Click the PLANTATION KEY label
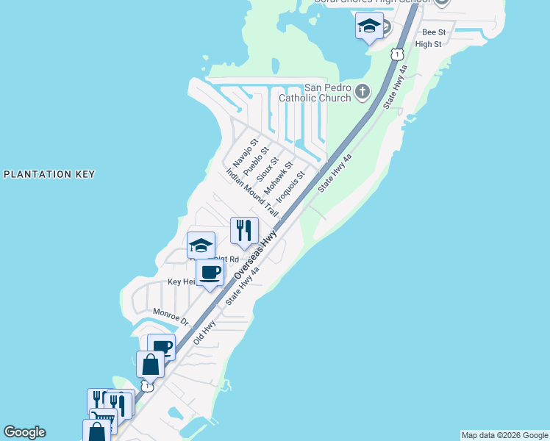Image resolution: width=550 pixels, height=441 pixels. coord(49,174)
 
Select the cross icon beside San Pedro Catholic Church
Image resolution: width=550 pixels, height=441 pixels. coord(362,92)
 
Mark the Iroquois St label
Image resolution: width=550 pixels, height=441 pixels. coord(290,187)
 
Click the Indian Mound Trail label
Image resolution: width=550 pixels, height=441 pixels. coord(252,193)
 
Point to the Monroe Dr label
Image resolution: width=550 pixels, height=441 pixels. coord(171,317)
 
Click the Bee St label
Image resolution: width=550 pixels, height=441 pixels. coord(434,32)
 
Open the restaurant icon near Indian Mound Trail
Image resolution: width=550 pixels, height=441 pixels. coord(244,230)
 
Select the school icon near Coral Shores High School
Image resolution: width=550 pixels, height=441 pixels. coord(369,26)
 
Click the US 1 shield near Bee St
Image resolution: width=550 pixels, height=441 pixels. coord(397,54)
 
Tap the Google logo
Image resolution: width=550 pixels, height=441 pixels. coord(24,432)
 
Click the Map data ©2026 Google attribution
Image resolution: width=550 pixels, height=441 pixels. coord(504,435)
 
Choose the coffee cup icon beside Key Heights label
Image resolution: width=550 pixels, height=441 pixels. coord(210,273)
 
